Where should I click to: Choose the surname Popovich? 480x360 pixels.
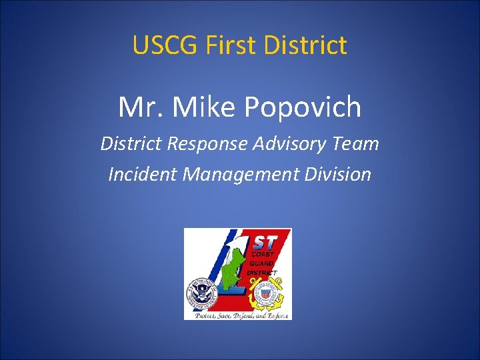307,107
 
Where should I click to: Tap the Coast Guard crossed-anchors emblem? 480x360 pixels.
269,293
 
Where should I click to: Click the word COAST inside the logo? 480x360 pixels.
262,254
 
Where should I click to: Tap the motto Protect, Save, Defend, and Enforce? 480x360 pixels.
241,315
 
